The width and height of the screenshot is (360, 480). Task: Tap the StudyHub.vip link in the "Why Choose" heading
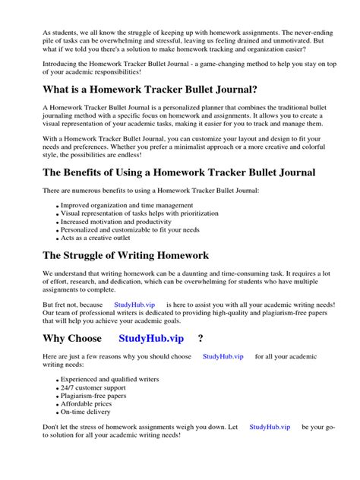click(152, 338)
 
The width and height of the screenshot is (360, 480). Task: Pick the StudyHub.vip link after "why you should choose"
click(223, 355)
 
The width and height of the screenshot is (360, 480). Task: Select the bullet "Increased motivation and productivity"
click(111, 220)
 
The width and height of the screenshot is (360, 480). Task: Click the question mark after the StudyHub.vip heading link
click(201, 338)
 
